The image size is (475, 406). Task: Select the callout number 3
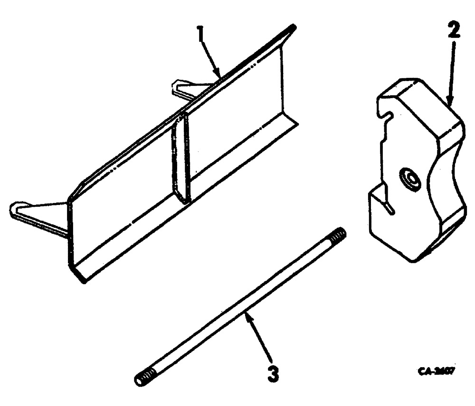(x=272, y=373)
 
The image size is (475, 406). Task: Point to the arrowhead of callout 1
(x=219, y=76)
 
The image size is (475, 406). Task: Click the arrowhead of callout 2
(x=450, y=102)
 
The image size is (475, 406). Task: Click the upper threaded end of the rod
(x=339, y=234)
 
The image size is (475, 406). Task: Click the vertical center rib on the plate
(x=180, y=159)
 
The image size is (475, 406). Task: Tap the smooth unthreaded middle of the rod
(x=242, y=306)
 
